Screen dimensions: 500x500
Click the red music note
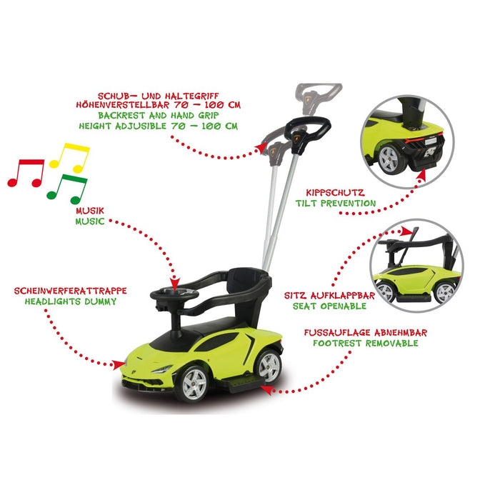[26, 172]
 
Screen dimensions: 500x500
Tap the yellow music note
[69, 157]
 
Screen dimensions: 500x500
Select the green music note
[67, 189]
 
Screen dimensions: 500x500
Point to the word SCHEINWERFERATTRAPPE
[71, 291]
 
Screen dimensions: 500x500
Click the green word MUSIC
[90, 221]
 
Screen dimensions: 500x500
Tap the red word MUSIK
[90, 211]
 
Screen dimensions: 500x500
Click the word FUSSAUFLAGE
[338, 333]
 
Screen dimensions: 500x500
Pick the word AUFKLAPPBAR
[343, 296]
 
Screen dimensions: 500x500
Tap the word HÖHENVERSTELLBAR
[123, 104]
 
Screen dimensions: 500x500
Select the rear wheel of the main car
[269, 366]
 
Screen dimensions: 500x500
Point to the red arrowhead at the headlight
[119, 364]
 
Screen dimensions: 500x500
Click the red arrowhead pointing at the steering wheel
[175, 284]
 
